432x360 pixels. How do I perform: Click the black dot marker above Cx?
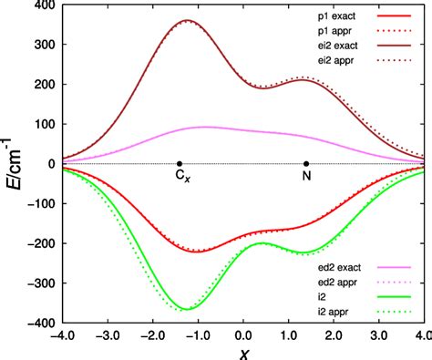pyautogui.click(x=180, y=164)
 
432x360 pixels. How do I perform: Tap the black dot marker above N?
pyautogui.click(x=306, y=164)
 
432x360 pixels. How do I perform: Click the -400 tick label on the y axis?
pyautogui.click(x=39, y=324)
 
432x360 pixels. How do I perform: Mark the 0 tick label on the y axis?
pyautogui.click(x=49, y=164)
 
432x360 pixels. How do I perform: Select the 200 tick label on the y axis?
pyautogui.click(x=42, y=84)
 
